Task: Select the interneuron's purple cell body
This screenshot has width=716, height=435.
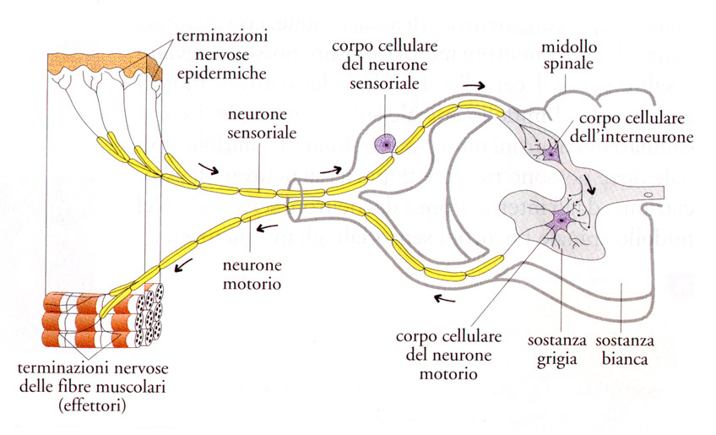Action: click(x=551, y=153)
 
